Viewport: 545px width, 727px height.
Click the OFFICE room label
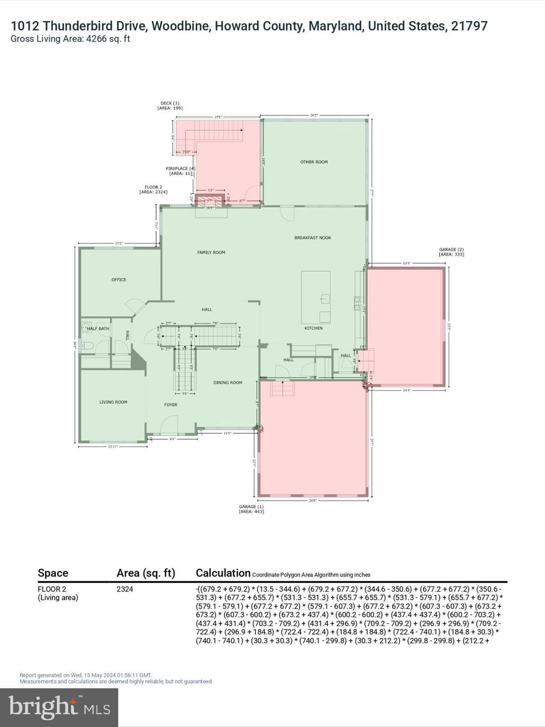tap(119, 280)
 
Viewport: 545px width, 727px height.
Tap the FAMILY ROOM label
tap(211, 252)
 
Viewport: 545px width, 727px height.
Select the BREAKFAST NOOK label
tap(313, 238)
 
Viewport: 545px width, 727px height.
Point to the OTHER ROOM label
tap(314, 162)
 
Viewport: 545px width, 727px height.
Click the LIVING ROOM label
tap(113, 402)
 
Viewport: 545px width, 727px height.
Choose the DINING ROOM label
tap(228, 382)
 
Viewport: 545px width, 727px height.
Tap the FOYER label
tap(171, 405)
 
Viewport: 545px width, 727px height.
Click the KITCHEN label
tap(313, 328)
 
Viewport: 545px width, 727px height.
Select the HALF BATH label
tap(98, 328)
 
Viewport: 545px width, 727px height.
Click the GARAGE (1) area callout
tap(251, 509)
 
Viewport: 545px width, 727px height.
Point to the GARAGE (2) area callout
tap(451, 252)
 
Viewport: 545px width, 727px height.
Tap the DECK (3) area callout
tap(170, 106)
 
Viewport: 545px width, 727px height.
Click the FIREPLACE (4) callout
tap(180, 171)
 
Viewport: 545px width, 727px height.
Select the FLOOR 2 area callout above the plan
tap(153, 189)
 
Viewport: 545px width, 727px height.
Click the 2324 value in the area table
tap(125, 589)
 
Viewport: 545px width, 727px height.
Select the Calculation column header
tap(223, 573)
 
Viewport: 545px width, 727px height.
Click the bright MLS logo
tap(59, 707)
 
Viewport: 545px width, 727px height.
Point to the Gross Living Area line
tap(70, 39)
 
